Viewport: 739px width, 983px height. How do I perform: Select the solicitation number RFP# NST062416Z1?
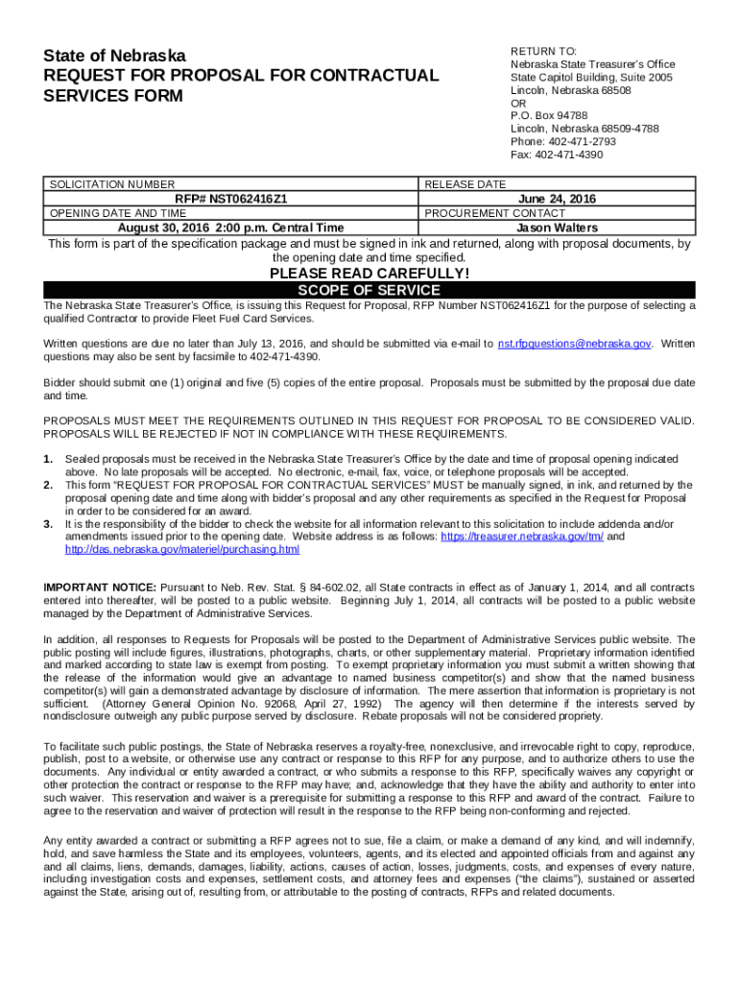(x=230, y=199)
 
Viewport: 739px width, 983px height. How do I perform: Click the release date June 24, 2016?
(x=557, y=199)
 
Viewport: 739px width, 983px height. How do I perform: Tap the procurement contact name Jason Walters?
(x=557, y=228)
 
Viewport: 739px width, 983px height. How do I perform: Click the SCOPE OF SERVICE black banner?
(x=369, y=290)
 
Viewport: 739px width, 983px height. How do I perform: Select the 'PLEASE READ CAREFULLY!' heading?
(x=369, y=274)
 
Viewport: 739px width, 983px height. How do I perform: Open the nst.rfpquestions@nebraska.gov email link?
(x=575, y=343)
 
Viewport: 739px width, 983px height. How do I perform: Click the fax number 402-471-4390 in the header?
(x=557, y=155)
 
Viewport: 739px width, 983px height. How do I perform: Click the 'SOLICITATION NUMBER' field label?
(x=112, y=184)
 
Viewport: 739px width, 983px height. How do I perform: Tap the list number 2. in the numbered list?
(x=48, y=486)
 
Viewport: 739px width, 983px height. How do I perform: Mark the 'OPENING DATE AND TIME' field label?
(x=118, y=213)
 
